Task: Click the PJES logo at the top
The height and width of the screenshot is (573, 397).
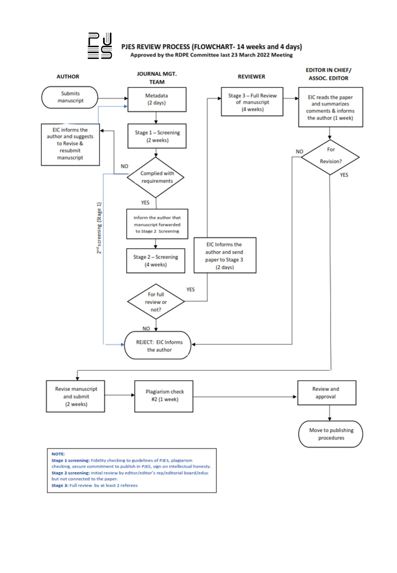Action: coord(100,46)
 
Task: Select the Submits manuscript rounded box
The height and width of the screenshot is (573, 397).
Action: coord(70,97)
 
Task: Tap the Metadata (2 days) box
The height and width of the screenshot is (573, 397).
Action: coord(157,99)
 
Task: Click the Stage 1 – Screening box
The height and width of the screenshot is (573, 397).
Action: coord(157,136)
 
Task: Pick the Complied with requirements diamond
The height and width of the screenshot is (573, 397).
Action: coord(156,177)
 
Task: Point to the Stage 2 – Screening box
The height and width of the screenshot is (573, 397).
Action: coord(156,261)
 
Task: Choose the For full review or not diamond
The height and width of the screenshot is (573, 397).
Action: coord(156,302)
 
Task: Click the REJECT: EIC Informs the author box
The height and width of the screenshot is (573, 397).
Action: coord(158,346)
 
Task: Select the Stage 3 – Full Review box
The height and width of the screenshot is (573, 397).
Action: coord(252,102)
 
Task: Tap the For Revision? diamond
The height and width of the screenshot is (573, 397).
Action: coord(330,157)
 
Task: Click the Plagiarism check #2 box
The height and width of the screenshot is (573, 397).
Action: coord(164,396)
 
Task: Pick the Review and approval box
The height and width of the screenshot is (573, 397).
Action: coord(327,393)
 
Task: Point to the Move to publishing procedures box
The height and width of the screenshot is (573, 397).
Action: coord(331,434)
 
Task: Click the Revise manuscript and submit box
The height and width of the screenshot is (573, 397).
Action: coord(76,396)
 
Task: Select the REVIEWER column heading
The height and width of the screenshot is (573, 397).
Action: coord(251,77)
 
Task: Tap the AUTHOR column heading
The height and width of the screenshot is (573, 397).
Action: coord(68,77)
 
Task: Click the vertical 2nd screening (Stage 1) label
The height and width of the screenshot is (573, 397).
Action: coord(99,228)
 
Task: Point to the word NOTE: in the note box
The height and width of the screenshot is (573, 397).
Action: coord(58,454)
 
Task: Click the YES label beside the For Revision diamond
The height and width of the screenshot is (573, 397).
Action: coord(344,175)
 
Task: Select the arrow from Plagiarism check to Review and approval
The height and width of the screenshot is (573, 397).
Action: coord(245,397)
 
